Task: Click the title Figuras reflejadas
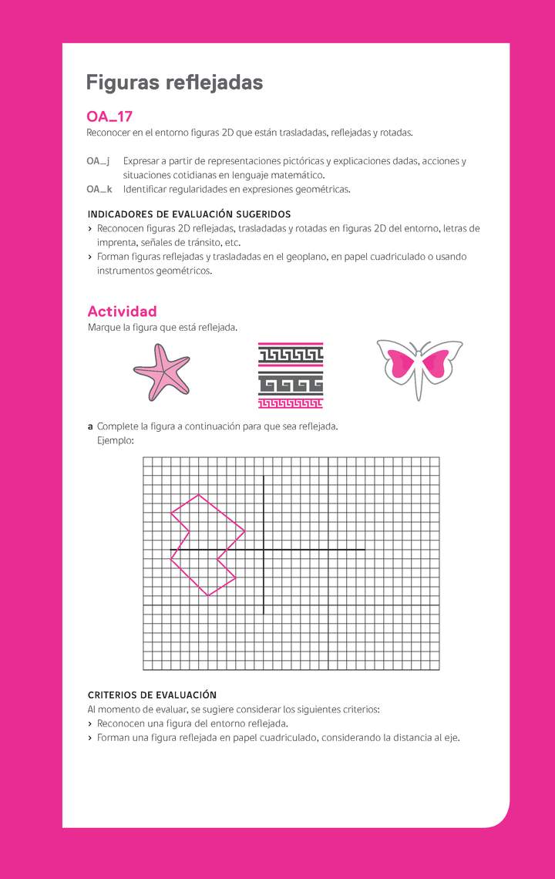[x=174, y=83]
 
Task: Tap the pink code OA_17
[x=109, y=117]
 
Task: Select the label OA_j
[x=98, y=161]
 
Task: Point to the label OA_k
[x=99, y=189]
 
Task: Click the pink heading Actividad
[x=122, y=312]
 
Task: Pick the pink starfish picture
[x=160, y=372]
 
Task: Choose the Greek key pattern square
[x=290, y=376]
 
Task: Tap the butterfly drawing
[x=419, y=369]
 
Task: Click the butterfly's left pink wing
[x=403, y=363]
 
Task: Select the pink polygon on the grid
[x=204, y=544]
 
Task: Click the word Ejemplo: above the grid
[x=116, y=441]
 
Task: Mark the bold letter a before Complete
[x=90, y=426]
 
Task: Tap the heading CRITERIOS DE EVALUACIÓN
[x=152, y=695]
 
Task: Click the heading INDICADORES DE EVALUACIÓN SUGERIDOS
[x=189, y=214]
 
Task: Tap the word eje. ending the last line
[x=450, y=738]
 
